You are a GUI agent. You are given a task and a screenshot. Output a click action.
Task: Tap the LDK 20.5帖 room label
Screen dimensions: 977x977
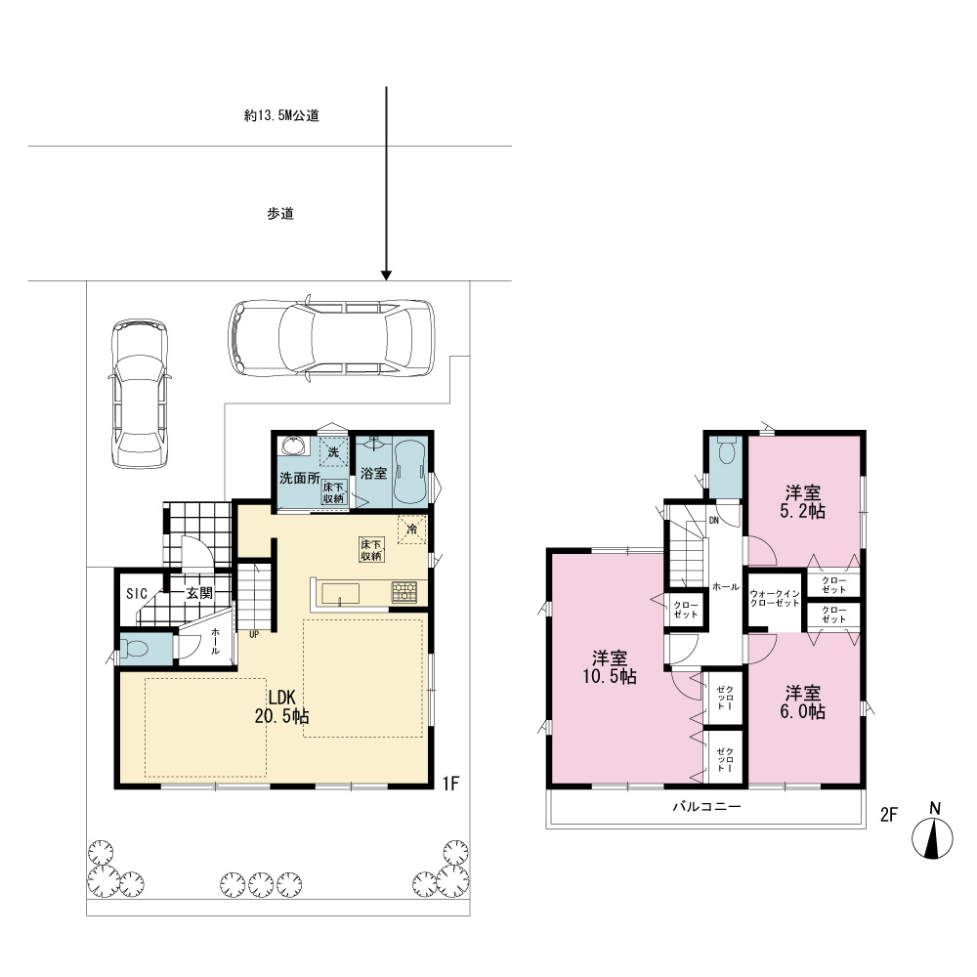tap(281, 706)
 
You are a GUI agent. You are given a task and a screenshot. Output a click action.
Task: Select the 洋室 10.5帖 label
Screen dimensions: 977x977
tap(610, 667)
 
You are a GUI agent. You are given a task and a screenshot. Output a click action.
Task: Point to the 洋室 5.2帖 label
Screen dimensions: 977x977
tap(802, 502)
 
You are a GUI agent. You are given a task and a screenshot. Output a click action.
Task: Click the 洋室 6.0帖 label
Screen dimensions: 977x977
tap(802, 702)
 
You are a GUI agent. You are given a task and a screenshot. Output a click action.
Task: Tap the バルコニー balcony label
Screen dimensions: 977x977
tap(706, 807)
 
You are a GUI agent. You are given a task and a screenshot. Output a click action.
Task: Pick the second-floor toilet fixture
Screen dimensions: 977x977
tap(727, 449)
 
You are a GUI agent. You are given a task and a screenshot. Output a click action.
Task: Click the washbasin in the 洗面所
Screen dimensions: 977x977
tap(294, 446)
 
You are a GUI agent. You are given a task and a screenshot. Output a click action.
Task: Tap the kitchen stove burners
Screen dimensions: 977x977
tap(404, 592)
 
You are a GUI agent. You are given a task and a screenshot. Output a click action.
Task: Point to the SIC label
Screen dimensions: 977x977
tap(137, 594)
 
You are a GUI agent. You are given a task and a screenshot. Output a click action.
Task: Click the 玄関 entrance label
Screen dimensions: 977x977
tap(199, 593)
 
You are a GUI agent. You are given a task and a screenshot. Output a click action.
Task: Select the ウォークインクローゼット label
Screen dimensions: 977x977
tap(775, 599)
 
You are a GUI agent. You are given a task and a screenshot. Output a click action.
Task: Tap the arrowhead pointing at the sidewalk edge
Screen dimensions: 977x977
tap(386, 276)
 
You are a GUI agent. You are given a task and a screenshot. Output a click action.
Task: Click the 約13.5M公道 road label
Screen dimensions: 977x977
tap(281, 115)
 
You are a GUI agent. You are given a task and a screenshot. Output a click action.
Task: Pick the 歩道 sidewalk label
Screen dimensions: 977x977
tap(280, 214)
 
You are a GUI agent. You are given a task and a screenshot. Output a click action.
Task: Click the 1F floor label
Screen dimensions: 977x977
tap(450, 784)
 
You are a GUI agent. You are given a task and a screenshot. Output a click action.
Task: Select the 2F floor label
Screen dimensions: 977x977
tap(888, 815)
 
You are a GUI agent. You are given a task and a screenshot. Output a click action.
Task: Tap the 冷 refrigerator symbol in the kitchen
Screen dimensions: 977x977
tap(412, 530)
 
